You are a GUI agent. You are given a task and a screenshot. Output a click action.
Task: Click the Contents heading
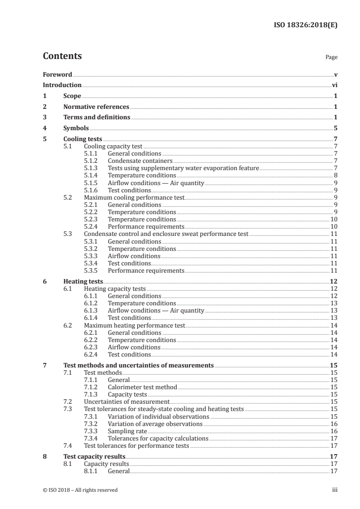pyautogui.click(x=62, y=56)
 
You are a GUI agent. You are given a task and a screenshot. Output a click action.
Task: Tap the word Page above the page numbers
pyautogui.click(x=331, y=58)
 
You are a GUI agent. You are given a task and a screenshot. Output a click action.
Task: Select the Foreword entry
pyautogui.click(x=57, y=74)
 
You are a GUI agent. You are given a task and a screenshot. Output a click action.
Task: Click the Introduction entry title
pyautogui.click(x=62, y=85)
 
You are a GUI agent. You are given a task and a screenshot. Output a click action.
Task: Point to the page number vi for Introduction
pyautogui.click(x=335, y=85)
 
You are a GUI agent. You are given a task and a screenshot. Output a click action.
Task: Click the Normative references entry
pyautogui.click(x=96, y=107)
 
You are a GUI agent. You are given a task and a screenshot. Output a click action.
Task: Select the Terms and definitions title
pyautogui.click(x=97, y=117)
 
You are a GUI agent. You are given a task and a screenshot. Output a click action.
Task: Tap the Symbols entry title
pyautogui.click(x=76, y=128)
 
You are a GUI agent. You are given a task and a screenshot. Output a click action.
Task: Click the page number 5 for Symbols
pyautogui.click(x=335, y=128)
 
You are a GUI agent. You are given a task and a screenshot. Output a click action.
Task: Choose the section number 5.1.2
pyautogui.click(x=92, y=161)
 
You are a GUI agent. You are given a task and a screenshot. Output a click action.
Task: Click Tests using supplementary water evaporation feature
pyautogui.click(x=183, y=168)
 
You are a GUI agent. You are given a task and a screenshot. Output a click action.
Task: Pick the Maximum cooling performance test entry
pyautogui.click(x=134, y=197)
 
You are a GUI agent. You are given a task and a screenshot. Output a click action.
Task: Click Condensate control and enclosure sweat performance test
pyautogui.click(x=166, y=234)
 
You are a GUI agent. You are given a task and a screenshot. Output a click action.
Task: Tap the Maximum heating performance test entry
pyautogui.click(x=134, y=325)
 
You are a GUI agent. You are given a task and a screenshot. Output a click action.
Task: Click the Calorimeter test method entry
pyautogui.click(x=142, y=387)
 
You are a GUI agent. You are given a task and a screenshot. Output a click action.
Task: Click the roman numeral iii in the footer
pyautogui.click(x=335, y=490)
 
